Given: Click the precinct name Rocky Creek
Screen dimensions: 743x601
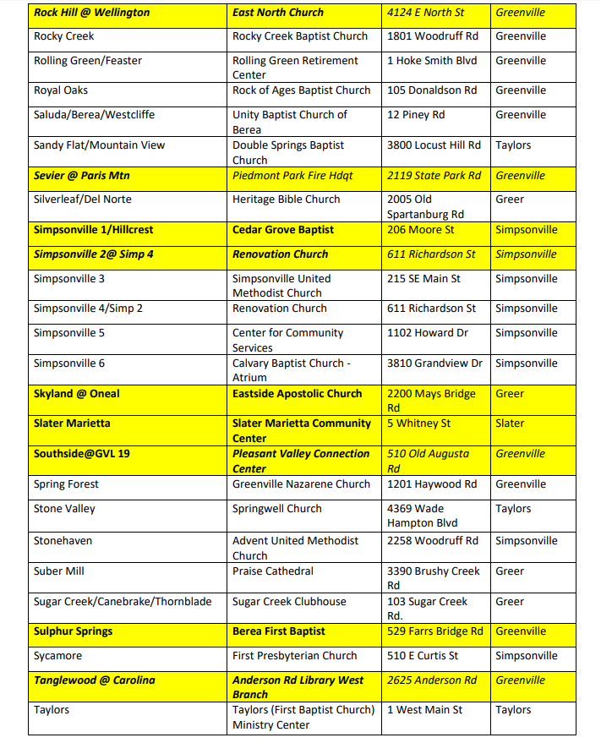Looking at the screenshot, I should (64, 36).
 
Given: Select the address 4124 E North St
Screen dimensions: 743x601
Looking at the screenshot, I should (425, 13).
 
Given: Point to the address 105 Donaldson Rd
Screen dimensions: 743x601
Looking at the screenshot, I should (432, 90).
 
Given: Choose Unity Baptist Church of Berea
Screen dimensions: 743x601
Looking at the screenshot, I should (290, 122).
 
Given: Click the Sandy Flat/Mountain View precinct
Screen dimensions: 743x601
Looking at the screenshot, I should (99, 145).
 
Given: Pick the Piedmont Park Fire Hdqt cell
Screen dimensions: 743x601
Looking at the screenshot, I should (292, 176).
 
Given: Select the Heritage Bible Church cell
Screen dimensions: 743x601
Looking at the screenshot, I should (287, 199).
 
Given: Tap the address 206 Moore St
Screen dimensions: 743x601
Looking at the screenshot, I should (421, 230).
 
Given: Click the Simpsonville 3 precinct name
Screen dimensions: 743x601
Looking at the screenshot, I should (69, 279).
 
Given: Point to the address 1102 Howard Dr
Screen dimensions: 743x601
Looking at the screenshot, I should (428, 333).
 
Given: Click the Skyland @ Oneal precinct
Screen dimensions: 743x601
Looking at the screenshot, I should (77, 394).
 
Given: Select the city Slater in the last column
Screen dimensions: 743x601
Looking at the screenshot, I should (510, 423).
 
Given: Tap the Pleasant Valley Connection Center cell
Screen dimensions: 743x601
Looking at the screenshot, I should (301, 461).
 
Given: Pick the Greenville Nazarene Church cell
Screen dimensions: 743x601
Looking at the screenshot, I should (302, 484).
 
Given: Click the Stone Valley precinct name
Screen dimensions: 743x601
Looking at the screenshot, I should (64, 509).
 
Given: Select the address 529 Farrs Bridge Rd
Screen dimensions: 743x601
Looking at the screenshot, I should (435, 631).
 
